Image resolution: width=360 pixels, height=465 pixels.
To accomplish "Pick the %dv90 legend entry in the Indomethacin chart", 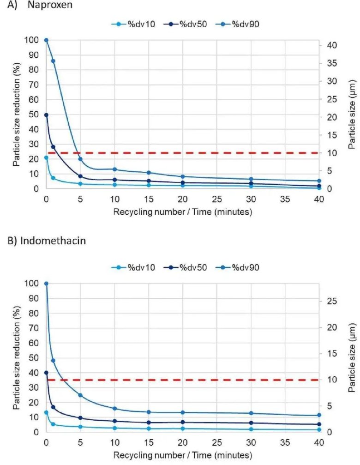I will [x=243, y=267].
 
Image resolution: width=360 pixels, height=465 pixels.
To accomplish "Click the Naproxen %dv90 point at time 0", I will [x=46, y=40].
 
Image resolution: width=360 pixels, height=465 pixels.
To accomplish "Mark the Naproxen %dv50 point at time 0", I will [x=46, y=115].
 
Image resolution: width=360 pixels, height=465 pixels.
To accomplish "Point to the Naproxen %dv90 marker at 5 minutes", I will [x=80, y=159].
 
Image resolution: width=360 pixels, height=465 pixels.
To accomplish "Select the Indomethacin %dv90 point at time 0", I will [x=46, y=284].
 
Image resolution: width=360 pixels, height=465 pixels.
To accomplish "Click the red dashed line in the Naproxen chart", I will [x=185, y=153].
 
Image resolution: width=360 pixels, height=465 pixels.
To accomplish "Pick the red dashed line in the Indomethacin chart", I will [x=185, y=380].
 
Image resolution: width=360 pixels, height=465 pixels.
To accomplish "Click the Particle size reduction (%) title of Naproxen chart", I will [x=17, y=115].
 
